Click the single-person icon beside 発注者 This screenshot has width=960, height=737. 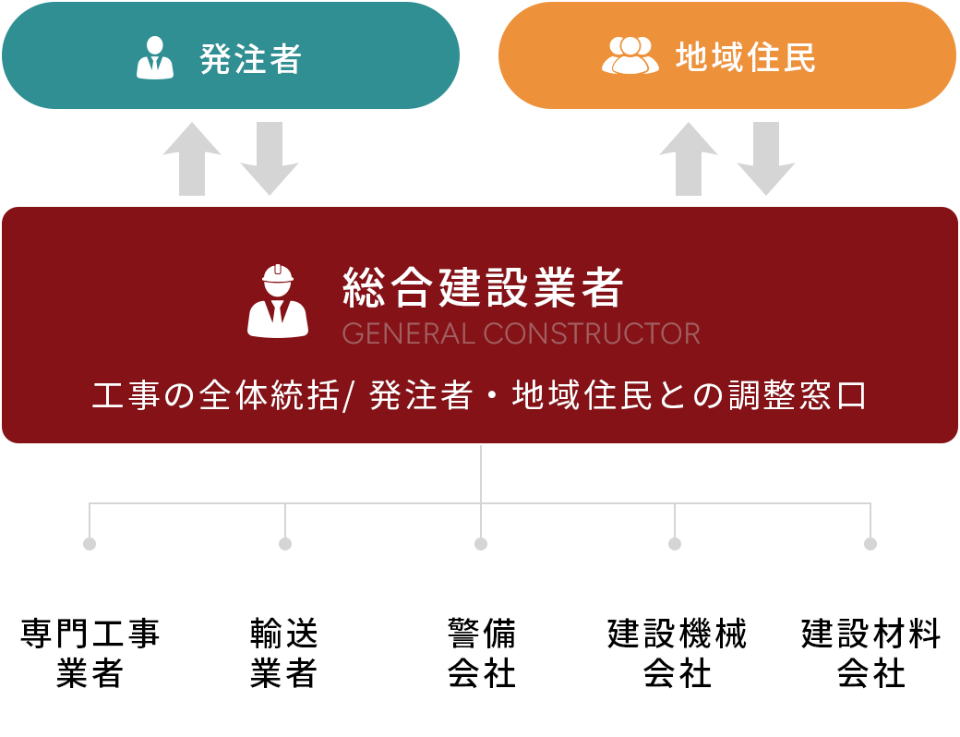[155, 57]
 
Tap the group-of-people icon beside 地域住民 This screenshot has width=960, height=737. [630, 55]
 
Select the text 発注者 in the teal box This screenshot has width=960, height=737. [251, 58]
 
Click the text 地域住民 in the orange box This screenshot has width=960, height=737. [746, 57]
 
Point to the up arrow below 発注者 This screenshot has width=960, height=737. [192, 158]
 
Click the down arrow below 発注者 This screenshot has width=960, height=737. [270, 158]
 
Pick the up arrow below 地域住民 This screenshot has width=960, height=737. [689, 158]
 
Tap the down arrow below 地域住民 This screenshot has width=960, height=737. [766, 158]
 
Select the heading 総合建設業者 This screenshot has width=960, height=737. [483, 287]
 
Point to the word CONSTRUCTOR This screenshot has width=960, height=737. [592, 333]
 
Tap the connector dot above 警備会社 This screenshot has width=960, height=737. [481, 544]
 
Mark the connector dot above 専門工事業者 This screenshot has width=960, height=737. [90, 544]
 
